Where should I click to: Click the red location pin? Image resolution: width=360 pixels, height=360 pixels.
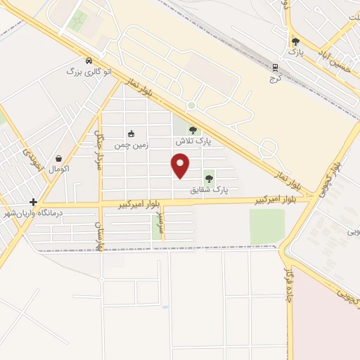(181, 165)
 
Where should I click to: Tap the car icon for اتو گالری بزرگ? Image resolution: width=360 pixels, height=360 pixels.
(89, 61)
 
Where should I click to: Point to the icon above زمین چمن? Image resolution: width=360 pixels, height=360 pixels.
(131, 133)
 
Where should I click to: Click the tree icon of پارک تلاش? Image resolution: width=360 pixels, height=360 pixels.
(193, 130)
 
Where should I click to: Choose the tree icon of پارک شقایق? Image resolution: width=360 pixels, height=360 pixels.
(209, 179)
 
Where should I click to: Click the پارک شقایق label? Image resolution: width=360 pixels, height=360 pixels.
(210, 189)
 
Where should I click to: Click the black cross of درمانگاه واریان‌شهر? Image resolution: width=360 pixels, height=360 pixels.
(33, 202)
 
